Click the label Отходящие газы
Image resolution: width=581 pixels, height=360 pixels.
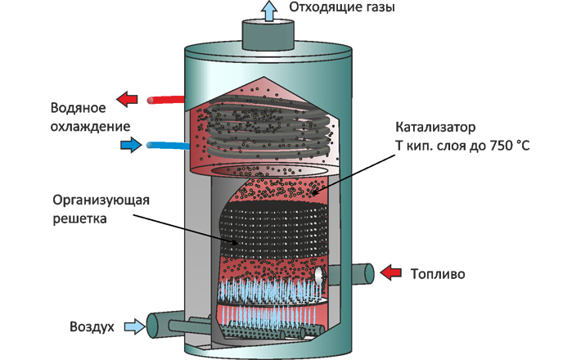pos(342,7)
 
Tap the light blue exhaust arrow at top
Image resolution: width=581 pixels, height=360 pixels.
pos(268,11)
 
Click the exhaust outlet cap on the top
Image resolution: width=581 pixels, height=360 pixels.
pos(268,35)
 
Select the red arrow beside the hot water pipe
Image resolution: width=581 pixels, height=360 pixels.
pos(127,99)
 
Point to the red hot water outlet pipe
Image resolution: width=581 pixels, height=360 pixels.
pos(165,100)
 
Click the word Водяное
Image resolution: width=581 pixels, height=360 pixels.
pos(79,108)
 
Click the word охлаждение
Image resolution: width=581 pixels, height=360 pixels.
pos(90,127)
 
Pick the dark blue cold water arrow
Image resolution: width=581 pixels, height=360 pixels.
pos(131,145)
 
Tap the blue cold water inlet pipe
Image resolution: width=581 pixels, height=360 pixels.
pos(169,146)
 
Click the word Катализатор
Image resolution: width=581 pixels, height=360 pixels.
pos(435,127)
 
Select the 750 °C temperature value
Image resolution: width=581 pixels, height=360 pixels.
pos(510,146)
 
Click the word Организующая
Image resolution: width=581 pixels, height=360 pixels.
pos(101,200)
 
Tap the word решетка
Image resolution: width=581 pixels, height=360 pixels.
pos(79,218)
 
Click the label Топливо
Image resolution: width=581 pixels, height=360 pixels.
pos(438,274)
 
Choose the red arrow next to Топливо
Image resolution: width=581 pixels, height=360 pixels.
pos(391,273)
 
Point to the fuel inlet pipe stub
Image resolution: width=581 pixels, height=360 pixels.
pos(351,274)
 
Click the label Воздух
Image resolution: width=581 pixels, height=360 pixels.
pos(92,327)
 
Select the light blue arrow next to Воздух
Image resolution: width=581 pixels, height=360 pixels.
pos(134,326)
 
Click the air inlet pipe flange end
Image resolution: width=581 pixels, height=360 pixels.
pos(152,326)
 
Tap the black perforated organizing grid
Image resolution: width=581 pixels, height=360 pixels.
pos(274,230)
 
